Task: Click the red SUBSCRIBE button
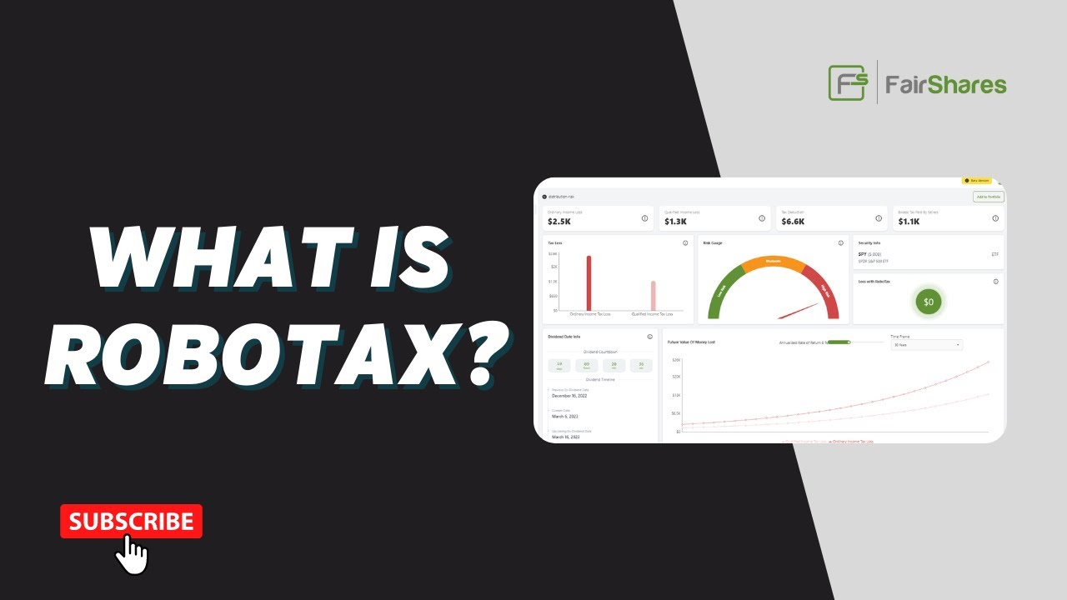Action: click(131, 522)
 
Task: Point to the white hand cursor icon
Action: click(132, 554)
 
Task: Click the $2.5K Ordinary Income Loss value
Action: click(559, 222)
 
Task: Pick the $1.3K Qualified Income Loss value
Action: click(675, 222)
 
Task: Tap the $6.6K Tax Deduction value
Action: click(793, 222)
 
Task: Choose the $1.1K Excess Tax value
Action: click(909, 222)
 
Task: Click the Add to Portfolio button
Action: click(989, 197)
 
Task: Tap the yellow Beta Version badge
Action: click(977, 180)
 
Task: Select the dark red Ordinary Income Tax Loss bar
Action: click(589, 283)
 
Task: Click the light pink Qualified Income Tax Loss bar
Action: click(653, 296)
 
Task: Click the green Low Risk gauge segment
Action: click(721, 292)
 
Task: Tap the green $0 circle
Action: click(929, 301)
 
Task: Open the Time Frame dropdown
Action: click(926, 345)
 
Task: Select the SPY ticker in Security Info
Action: click(863, 254)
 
